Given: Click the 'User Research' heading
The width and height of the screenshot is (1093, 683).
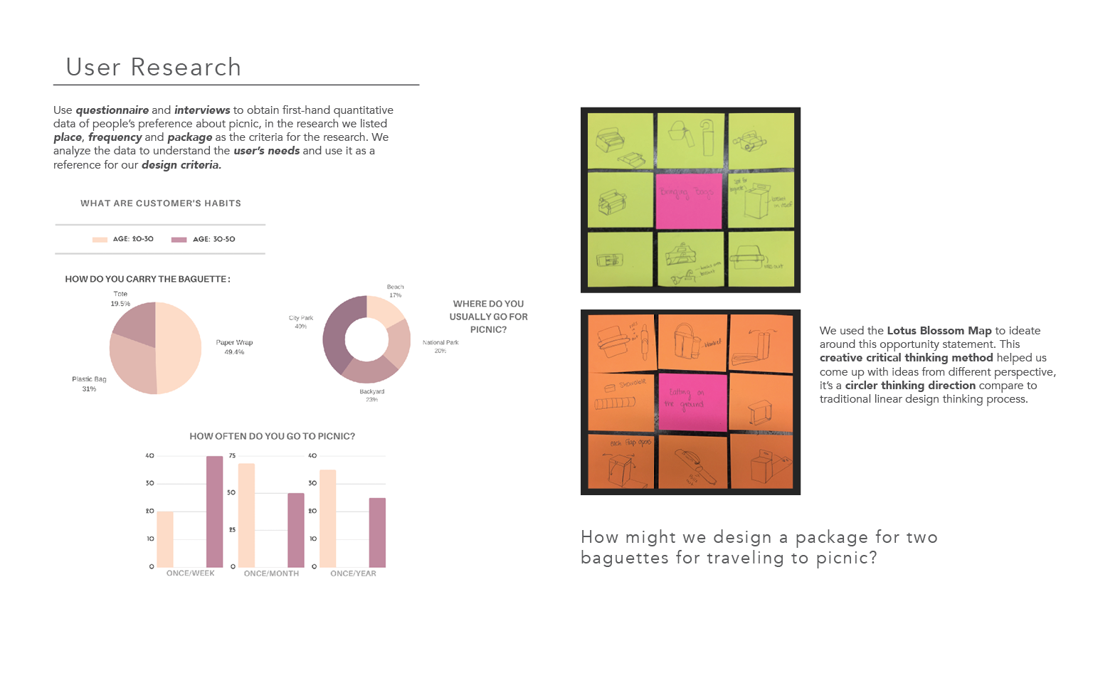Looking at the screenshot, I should (154, 67).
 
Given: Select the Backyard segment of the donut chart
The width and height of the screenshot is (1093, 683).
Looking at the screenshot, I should (371, 370).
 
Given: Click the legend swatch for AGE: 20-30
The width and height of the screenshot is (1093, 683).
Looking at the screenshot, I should (100, 240).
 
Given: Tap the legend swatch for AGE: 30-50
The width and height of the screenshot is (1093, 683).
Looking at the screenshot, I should (179, 240).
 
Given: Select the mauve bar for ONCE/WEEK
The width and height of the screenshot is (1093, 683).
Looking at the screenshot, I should (214, 512).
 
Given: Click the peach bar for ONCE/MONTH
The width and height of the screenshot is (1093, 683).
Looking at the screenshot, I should (246, 515).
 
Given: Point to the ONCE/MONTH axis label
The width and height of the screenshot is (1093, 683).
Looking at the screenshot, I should (271, 573).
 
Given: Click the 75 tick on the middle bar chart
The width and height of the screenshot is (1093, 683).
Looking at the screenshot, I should (232, 456).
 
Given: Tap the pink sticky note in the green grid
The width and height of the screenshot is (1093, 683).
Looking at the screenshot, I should (689, 201).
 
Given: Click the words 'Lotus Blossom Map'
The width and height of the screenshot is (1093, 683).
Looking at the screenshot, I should (939, 331).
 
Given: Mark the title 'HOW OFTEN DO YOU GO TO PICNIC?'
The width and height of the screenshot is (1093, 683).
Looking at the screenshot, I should (272, 436).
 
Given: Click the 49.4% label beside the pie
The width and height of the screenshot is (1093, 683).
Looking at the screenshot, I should (234, 352).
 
